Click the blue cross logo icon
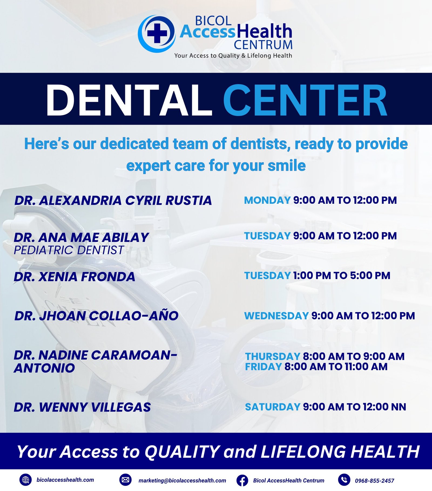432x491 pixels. click(x=157, y=33)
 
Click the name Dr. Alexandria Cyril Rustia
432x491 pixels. click(x=113, y=201)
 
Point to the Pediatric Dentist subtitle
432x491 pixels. click(x=69, y=250)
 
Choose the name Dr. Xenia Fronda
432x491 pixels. click(x=75, y=277)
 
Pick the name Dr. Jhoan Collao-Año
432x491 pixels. click(x=96, y=315)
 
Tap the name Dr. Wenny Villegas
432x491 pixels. click(x=82, y=407)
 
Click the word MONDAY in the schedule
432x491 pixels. click(x=267, y=200)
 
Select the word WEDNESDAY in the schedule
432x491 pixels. click(x=276, y=316)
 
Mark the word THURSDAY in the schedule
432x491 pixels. click(x=273, y=356)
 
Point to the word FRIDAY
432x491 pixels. click(x=264, y=367)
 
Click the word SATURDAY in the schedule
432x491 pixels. click(x=273, y=407)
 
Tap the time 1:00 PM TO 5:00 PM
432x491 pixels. click(x=342, y=276)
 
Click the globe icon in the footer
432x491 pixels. click(x=26, y=480)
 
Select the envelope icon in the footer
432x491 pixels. click(x=125, y=480)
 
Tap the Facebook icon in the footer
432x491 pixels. click(x=242, y=480)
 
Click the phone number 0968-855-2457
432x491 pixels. click(x=374, y=481)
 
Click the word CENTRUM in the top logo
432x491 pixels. click(x=263, y=45)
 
